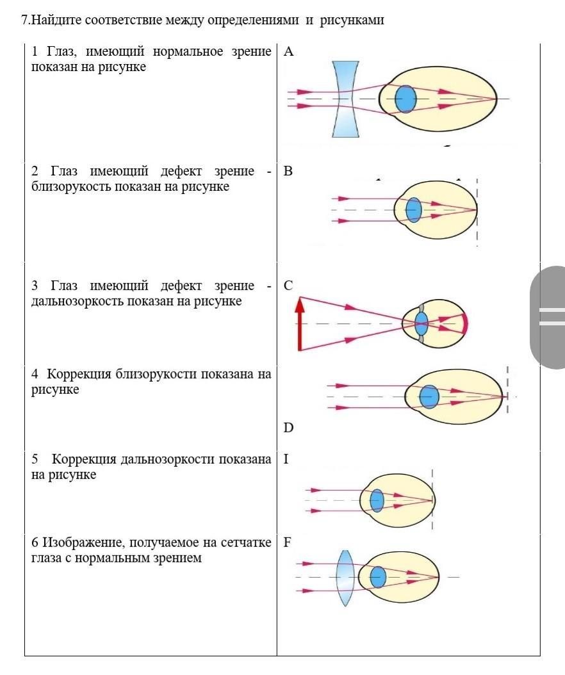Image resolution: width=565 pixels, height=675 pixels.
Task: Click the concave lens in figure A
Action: coord(345,99)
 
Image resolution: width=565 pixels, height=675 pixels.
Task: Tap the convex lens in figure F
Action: coord(345,578)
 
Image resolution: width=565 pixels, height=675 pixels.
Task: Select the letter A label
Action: coord(288,52)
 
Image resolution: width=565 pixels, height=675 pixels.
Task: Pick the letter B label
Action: coord(288,171)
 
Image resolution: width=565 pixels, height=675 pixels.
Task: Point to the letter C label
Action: coord(288,286)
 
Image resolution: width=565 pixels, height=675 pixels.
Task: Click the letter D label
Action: coord(288,427)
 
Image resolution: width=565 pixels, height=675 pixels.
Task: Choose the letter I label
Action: coord(286,459)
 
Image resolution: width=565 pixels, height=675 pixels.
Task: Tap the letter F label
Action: coord(287,542)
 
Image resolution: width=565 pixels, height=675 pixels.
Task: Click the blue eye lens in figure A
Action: coord(405,99)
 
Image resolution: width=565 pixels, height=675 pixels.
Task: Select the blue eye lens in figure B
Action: coord(413,210)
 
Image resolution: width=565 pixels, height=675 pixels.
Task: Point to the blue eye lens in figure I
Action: coord(377,500)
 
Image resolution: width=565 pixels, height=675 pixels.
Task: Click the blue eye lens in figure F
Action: coord(378,577)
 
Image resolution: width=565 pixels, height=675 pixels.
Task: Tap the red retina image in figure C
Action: coord(464,324)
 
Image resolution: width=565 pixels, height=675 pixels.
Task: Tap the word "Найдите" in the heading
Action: coord(55,20)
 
